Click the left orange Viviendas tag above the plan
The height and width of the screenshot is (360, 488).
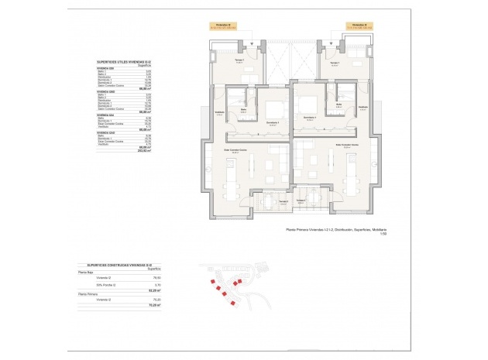click(225, 26)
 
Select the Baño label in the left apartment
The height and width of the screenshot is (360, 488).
click(242, 110)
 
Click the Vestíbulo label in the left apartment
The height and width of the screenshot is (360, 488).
click(219, 112)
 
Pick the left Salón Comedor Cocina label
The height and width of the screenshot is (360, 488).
click(235, 152)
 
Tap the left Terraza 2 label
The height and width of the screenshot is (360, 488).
click(284, 202)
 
